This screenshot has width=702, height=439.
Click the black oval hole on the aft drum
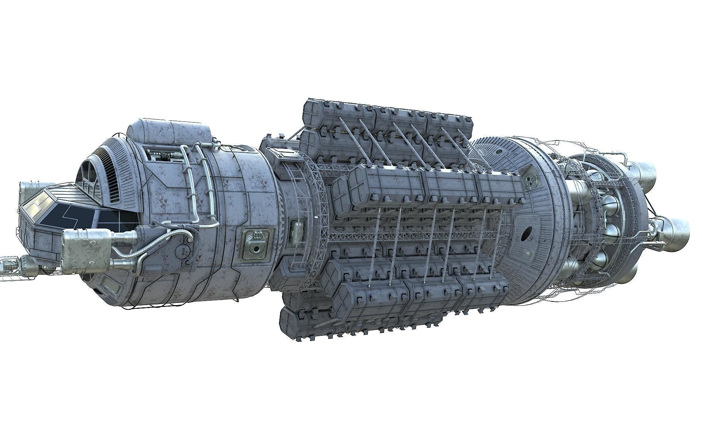click(527, 233)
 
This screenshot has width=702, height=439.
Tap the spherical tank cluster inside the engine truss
click(609, 227)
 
